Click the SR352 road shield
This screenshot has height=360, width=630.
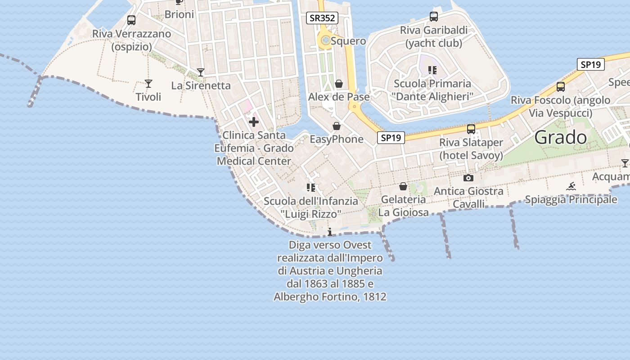point(322,18)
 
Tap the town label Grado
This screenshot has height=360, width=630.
point(560,138)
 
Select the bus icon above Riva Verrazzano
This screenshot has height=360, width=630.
point(131,20)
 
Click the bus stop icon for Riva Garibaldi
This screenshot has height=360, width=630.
point(434,17)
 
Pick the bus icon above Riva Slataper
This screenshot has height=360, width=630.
point(471,129)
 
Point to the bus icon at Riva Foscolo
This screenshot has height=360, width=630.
point(561,87)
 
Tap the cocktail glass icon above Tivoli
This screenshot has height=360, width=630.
point(148,83)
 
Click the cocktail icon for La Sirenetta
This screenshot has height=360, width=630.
point(201,72)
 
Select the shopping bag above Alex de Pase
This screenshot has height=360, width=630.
point(339,84)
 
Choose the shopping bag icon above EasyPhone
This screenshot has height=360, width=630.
point(337,126)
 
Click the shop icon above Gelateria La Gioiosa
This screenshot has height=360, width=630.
point(403,186)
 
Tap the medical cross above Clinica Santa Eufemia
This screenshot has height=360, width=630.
point(254,121)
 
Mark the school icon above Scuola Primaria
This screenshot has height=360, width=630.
point(432,70)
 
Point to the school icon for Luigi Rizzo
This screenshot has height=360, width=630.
point(310,187)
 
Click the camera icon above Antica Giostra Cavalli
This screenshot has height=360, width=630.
point(468,178)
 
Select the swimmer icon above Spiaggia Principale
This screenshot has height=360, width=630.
point(571,186)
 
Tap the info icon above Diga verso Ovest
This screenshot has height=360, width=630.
point(330,232)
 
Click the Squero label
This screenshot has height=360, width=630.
point(348,41)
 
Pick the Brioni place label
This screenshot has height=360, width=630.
point(179,14)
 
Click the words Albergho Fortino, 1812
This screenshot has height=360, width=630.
point(330,297)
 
